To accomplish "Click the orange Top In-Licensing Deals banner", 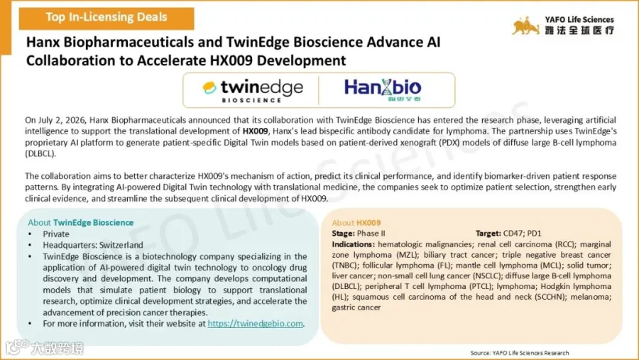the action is pos(106,18).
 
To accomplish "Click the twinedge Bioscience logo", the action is pos(253,90).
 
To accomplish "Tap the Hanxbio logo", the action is pos(383,89).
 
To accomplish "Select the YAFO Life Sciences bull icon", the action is pos(525,26).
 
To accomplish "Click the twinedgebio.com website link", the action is pos(255,323).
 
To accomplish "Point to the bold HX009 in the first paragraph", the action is pos(255,131).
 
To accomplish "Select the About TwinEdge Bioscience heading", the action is pos(81,222).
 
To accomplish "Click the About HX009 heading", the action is pos(356,223).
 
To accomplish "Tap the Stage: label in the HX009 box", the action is pos(343,234).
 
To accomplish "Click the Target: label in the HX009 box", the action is pos(488,233).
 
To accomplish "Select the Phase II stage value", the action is pos(371,234).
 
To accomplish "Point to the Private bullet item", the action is pos(56,234).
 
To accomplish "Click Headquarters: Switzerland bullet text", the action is pos(93,245).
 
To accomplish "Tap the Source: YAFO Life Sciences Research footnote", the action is pos(520,353).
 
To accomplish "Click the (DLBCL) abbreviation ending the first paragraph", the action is pos(40,153).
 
